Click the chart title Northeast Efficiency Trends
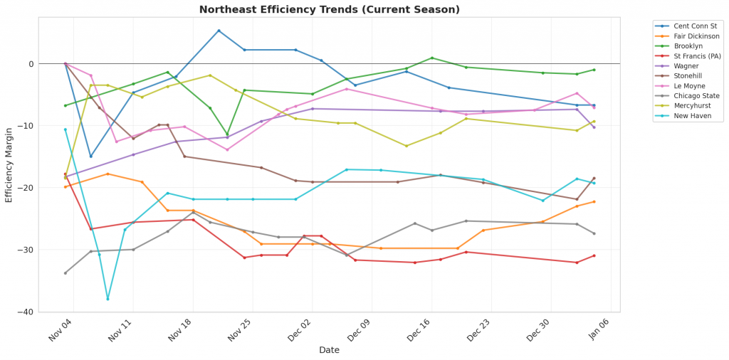pyautogui.click(x=329, y=9)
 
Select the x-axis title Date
pyautogui.click(x=329, y=350)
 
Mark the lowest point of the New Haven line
pyautogui.click(x=107, y=299)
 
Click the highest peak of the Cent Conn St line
pyautogui.click(x=219, y=31)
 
